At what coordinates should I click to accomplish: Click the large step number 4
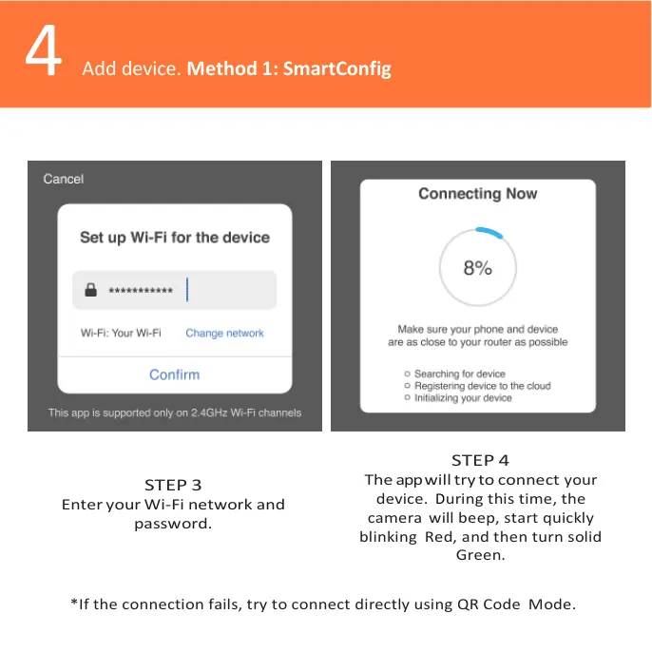coord(43,53)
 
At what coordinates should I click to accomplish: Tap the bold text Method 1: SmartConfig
coord(289,68)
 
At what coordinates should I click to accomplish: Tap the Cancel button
coord(64,179)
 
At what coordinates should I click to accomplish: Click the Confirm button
coord(174,374)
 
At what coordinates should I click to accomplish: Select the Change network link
coord(224,334)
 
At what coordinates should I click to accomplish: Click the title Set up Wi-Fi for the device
coord(175,238)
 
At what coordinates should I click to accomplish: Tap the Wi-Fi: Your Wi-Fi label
coord(121,334)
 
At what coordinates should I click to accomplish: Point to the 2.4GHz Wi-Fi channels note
coord(175,412)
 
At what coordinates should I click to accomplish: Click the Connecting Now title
coord(478,194)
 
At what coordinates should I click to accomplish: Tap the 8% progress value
coord(477,269)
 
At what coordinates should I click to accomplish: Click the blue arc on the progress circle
coord(491,232)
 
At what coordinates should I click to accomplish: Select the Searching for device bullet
coord(459,374)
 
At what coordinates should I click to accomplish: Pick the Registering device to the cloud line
coord(482,386)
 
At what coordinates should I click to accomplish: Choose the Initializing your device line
coord(463,398)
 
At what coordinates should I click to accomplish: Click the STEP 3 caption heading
coord(173,485)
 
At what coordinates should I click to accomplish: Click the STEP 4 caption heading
coord(480,461)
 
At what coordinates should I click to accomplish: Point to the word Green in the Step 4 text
coord(480,555)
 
